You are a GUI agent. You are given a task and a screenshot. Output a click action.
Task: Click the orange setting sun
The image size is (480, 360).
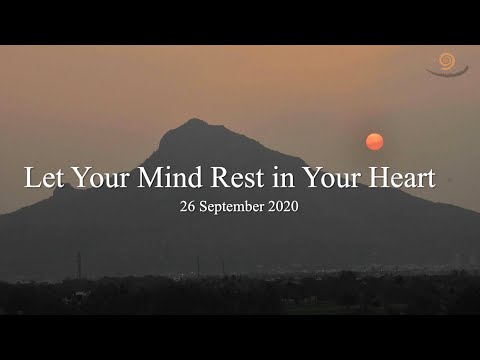pyautogui.click(x=375, y=141)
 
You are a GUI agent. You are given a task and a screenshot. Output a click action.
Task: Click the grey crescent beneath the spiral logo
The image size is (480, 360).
pyautogui.click(x=446, y=72)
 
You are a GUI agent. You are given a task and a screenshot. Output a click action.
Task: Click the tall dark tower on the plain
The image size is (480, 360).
pyautogui.click(x=79, y=264)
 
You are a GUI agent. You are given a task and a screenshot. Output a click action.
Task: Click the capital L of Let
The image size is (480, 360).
pyautogui.click(x=31, y=181)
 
